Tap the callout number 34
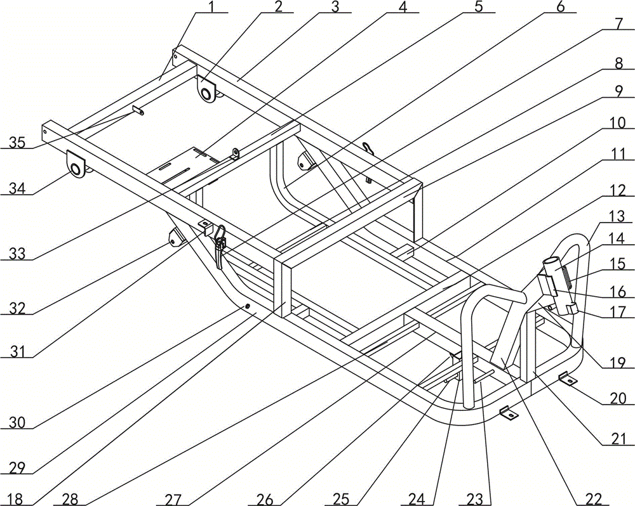[15, 188]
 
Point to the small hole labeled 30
[248, 306]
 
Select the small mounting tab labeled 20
[568, 380]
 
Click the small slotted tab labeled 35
[138, 110]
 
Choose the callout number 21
[620, 438]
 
